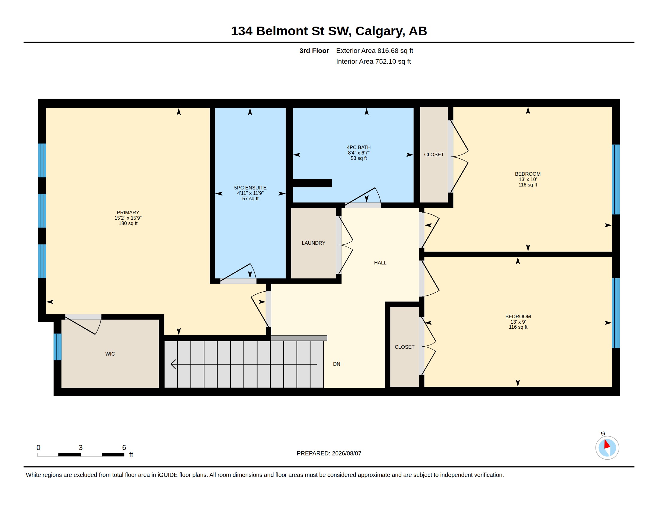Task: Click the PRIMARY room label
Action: [128, 212]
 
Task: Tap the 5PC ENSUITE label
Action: [250, 188]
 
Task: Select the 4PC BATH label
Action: [359, 147]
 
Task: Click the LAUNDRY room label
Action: [313, 243]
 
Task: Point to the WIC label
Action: [110, 354]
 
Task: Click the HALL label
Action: [380, 263]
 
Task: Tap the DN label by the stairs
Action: [336, 364]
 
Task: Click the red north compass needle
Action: [607, 444]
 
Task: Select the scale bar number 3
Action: [80, 448]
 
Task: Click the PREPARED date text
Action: [329, 453]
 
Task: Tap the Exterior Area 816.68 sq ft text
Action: [374, 51]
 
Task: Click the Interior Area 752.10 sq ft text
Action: [373, 61]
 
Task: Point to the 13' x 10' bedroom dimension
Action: [528, 179]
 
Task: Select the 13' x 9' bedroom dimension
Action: [518, 322]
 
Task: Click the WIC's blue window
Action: [57, 347]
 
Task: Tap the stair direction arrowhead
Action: [173, 364]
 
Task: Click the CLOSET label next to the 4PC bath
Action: [434, 155]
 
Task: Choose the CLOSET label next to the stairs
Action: [404, 347]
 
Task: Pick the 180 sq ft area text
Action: [128, 223]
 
